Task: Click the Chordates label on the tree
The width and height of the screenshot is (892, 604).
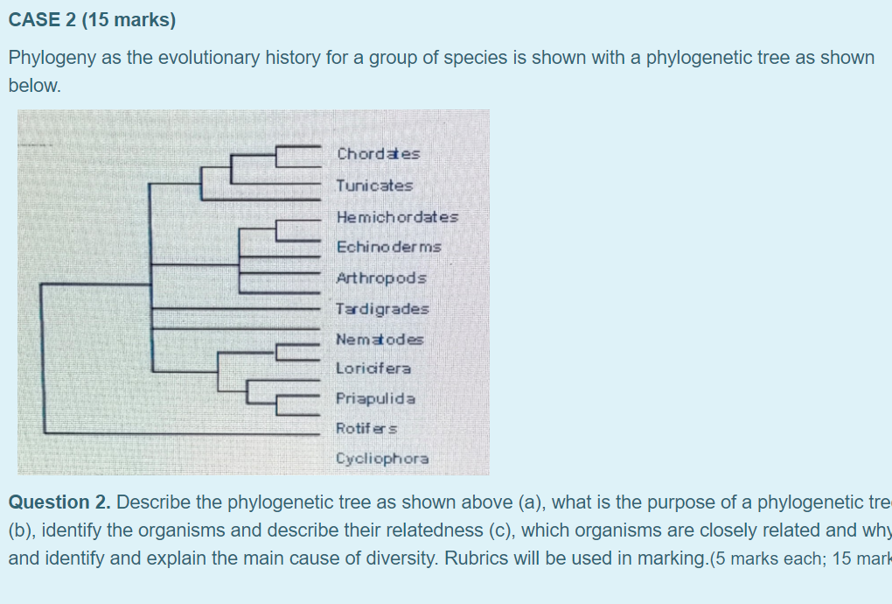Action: tap(378, 154)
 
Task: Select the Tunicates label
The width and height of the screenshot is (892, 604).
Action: tap(374, 186)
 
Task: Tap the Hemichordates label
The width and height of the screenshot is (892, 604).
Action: tap(397, 216)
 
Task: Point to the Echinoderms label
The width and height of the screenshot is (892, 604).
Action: tap(388, 247)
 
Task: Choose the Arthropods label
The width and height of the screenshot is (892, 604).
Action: tap(381, 278)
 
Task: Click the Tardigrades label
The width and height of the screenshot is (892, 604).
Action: tap(382, 309)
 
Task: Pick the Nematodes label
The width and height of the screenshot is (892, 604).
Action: tap(380, 340)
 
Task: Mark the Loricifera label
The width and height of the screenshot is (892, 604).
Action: tap(373, 369)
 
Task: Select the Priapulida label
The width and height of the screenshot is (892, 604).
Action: tap(376, 398)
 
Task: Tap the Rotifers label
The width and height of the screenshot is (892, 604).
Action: tap(366, 429)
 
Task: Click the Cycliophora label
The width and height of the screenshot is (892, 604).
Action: tap(382, 459)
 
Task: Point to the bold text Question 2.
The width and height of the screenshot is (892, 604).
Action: tap(59, 502)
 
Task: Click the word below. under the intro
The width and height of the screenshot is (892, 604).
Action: tap(34, 86)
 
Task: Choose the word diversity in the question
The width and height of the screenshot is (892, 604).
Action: tap(404, 558)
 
